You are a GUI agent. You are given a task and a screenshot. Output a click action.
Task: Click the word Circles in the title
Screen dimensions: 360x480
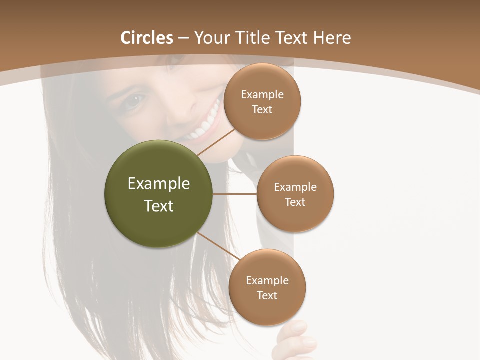click(147, 38)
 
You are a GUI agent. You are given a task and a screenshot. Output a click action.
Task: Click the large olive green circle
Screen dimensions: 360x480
click(159, 194)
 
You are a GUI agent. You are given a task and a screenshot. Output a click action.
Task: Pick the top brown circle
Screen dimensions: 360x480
click(262, 101)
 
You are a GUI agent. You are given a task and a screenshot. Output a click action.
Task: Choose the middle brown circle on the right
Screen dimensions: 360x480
click(295, 194)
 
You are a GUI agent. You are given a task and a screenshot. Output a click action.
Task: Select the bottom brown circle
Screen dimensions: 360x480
click(267, 287)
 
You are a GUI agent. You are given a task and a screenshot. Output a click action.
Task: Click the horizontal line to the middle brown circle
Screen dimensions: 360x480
click(235, 194)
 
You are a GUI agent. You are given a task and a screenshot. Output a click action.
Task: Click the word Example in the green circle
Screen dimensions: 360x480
click(159, 184)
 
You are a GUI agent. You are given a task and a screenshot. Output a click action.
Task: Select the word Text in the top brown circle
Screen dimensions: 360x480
click(262, 109)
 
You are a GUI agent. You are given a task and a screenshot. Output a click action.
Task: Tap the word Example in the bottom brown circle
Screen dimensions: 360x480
click(267, 280)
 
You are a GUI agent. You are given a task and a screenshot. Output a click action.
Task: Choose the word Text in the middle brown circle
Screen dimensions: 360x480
click(295, 202)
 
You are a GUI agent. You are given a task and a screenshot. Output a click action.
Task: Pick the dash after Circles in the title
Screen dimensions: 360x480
click(183, 38)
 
